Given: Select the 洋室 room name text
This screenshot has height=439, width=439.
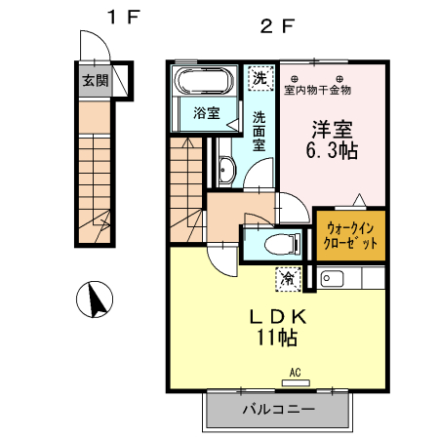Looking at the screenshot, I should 331,129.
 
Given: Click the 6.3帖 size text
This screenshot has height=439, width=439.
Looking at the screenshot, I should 332,151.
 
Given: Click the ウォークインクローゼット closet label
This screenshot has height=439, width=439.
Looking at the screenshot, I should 349,235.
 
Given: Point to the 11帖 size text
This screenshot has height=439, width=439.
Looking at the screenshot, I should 277,339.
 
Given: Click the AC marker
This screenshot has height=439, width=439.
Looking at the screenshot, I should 294,372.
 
